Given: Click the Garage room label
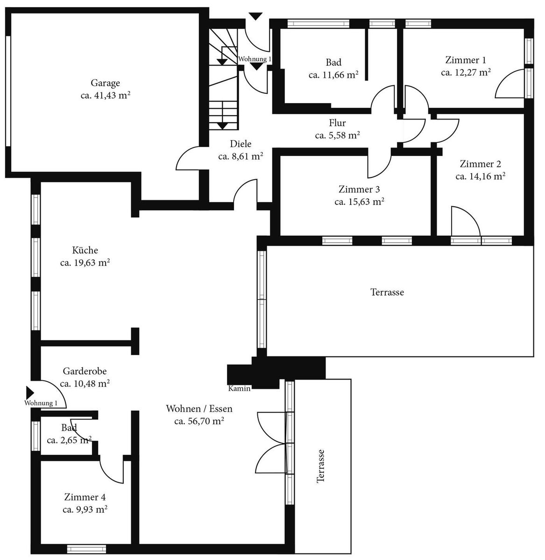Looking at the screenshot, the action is click(105, 83).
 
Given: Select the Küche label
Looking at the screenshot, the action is click(85, 250).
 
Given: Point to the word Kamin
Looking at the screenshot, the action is click(239, 388).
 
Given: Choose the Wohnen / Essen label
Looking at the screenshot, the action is click(199, 409).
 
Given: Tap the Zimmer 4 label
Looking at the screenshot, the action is click(85, 497).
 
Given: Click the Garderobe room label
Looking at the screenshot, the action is click(85, 371).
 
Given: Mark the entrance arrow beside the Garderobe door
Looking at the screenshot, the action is click(30, 392).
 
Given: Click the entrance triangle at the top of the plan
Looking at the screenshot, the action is click(256, 16).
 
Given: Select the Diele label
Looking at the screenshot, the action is click(241, 144).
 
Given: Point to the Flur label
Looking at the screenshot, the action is click(337, 123).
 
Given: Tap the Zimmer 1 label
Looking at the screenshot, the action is click(466, 60).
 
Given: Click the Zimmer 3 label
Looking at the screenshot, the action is click(359, 189).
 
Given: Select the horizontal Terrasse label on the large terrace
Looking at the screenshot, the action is click(387, 292).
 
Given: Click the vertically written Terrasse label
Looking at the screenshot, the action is click(320, 466).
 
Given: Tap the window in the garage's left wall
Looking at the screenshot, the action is click(8, 91).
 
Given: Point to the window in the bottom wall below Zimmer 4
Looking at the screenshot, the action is click(86, 549).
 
